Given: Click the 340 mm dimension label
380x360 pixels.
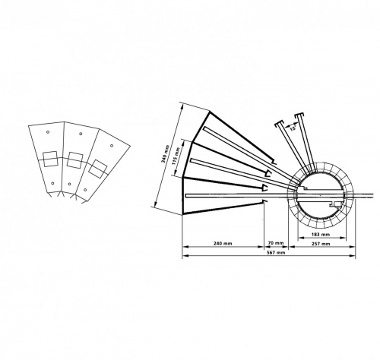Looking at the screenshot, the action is pyautogui.click(x=164, y=154).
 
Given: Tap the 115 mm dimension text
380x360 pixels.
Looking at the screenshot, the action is pyautogui.click(x=175, y=156).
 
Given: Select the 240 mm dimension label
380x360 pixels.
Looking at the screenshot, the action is pyautogui.click(x=223, y=244).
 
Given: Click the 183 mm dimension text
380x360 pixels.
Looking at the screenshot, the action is pyautogui.click(x=321, y=235).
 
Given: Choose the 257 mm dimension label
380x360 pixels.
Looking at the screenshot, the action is pyautogui.click(x=321, y=244).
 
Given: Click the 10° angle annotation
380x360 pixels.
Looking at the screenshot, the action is pyautogui.click(x=293, y=128).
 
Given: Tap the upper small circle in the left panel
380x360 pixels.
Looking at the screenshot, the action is pyautogui.click(x=48, y=132).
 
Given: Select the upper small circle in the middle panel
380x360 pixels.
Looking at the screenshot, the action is pyautogui.click(x=81, y=134).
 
